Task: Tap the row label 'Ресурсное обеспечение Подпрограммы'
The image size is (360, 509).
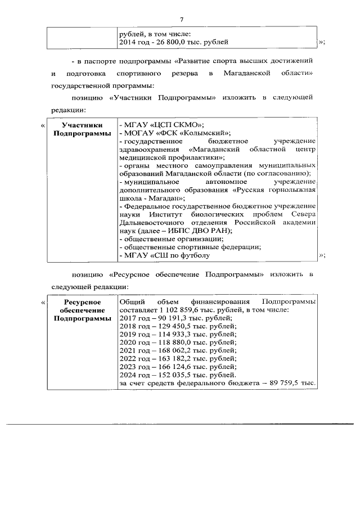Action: point(78,310)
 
